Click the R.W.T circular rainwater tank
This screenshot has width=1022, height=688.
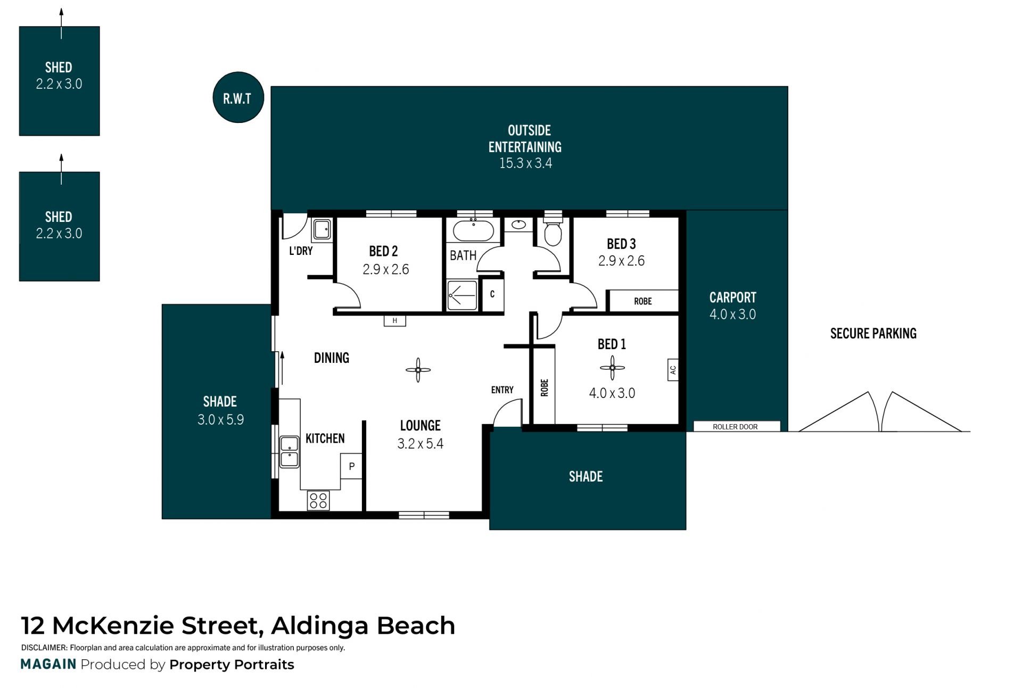pos(238,97)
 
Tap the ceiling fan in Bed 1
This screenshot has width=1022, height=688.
pos(612,367)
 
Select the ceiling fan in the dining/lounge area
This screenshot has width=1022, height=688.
pos(418,370)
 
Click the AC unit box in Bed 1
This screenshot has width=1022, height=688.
pos(673,370)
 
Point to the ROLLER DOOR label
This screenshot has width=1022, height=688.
pos(735,427)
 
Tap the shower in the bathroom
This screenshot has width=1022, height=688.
pos(462,295)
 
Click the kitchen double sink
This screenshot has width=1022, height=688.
pos(289,452)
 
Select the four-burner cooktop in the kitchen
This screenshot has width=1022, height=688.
pos(318,501)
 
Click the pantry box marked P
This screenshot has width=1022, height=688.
pos(351,466)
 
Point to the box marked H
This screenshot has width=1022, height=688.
pos(395,320)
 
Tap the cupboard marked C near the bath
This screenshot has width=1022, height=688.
pos(492,294)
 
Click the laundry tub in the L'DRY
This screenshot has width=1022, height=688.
pos(322,230)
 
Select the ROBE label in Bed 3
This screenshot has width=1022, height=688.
pos(643,301)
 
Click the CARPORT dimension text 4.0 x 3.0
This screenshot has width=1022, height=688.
pos(732,314)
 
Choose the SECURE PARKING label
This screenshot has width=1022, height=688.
pos(873,334)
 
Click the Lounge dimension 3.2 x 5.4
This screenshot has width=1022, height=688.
pos(421,444)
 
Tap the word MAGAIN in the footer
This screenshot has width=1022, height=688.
pos(48,664)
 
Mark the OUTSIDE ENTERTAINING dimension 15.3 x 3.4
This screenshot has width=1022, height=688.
pos(526,163)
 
